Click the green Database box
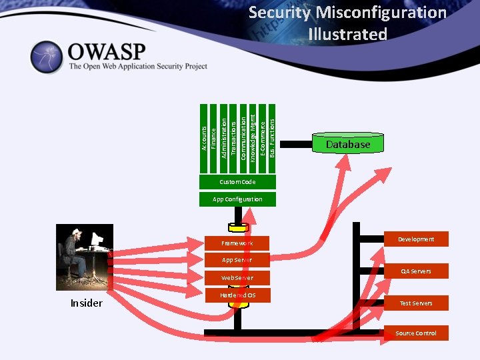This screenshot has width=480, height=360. click(347, 144)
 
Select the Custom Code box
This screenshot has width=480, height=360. click(237, 182)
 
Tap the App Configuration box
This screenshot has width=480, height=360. click(237, 199)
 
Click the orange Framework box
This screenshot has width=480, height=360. click(237, 243)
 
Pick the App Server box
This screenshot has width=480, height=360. click(237, 260)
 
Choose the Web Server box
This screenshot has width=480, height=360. click(237, 277)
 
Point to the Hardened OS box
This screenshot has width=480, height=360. click(237, 295)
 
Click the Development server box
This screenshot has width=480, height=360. click(416, 239)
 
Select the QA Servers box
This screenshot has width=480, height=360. click(416, 271)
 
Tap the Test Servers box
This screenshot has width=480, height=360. click(416, 303)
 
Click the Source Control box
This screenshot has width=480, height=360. click(416, 333)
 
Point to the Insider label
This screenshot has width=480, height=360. click(87, 303)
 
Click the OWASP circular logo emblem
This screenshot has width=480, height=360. click(47, 57)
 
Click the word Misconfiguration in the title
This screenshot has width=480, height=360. click(381, 12)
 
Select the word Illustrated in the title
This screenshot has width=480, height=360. click(347, 34)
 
